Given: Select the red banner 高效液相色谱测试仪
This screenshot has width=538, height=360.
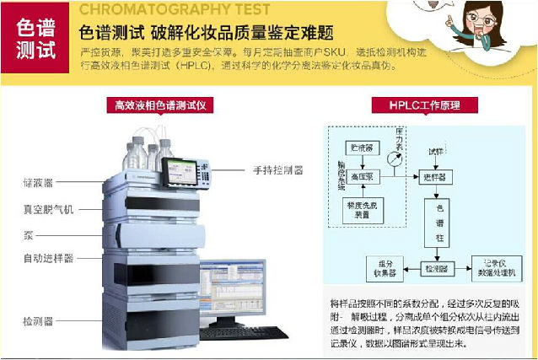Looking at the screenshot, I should click(160, 105).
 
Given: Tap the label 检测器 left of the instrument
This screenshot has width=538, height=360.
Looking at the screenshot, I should click(37, 320).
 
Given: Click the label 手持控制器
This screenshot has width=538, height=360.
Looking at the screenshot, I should click(277, 169).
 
